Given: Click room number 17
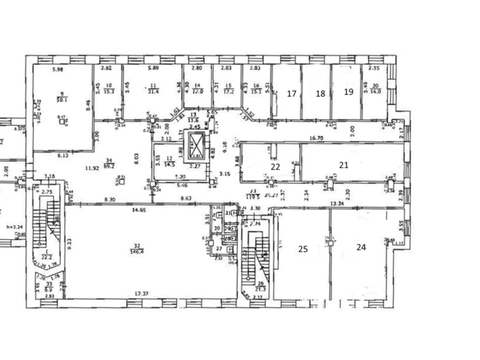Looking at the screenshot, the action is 292,93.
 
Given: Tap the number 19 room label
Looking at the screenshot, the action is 348,92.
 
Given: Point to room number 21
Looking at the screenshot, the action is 344,165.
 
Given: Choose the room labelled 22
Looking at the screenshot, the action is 275,165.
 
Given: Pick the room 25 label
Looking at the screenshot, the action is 303,248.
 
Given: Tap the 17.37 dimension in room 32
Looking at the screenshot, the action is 141,293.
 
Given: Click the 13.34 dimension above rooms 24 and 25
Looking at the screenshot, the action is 336,204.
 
